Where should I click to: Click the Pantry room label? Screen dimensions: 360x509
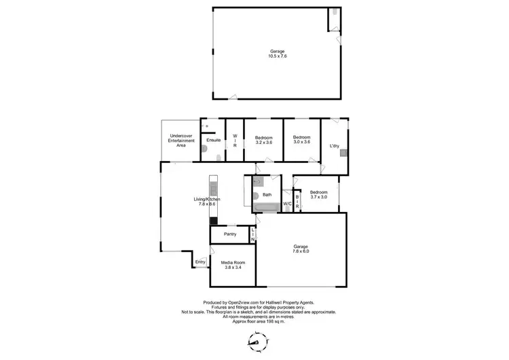click(230, 234)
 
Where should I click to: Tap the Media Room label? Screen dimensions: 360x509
click(233, 262)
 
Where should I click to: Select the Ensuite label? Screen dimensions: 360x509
click(213, 140)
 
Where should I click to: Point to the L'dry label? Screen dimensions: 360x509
click(334, 146)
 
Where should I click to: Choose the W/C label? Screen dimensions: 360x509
click(287, 203)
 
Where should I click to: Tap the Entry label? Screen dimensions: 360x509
click(200, 262)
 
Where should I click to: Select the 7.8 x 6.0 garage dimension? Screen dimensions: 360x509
click(301, 251)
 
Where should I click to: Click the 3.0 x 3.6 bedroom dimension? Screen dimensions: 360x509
click(301, 142)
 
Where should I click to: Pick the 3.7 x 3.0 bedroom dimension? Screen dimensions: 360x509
click(319, 197)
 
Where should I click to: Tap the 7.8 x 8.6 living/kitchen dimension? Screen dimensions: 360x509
click(207, 204)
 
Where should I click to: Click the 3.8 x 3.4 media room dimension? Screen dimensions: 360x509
click(233, 268)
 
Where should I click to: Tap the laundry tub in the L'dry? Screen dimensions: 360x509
click(344, 152)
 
